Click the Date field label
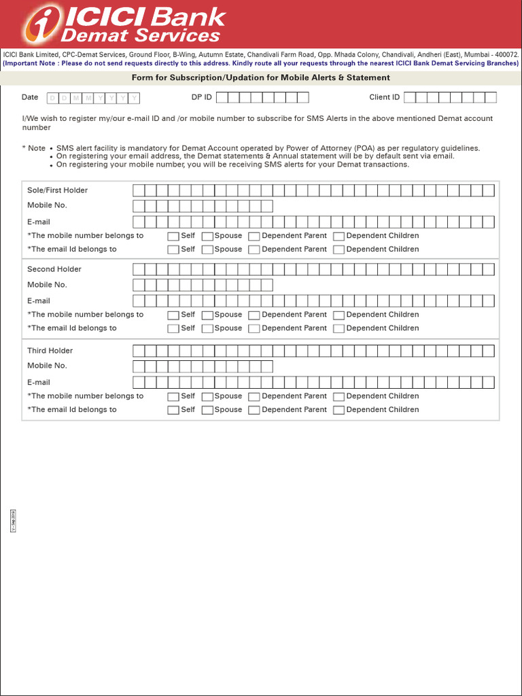point(30,97)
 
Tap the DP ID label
point(201,97)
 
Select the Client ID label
point(384,97)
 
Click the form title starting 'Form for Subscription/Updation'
point(260,77)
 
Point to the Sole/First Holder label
point(57,190)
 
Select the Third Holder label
point(50,351)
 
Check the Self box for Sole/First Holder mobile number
point(173,237)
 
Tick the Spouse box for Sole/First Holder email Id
point(208,250)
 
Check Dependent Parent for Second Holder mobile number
point(254,315)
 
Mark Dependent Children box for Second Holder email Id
point(338,329)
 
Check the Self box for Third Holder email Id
point(173,411)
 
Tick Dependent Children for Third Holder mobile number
point(338,397)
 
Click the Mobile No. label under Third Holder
point(47,366)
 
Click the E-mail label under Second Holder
point(39,300)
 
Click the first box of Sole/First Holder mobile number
point(139,206)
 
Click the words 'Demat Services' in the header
point(141,35)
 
